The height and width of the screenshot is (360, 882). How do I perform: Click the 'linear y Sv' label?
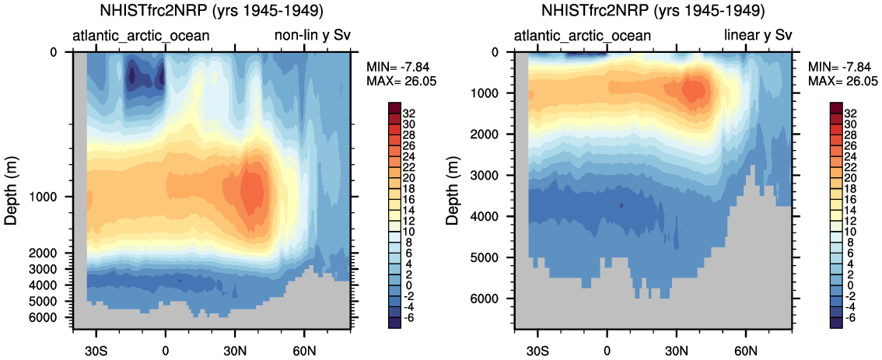tap(758, 36)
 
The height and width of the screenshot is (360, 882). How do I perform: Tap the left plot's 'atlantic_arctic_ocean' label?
tap(141, 36)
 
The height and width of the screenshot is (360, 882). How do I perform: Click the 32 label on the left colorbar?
tap(415, 113)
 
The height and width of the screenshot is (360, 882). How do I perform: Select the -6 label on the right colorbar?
tap(856, 318)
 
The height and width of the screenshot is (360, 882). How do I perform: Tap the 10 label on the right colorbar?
tap(856, 232)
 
